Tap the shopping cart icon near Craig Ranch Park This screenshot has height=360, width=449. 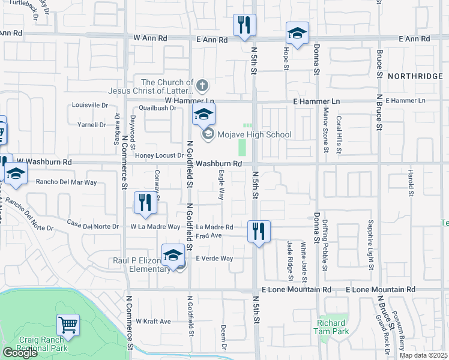(68, 325)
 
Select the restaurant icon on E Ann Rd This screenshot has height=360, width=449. (244, 25)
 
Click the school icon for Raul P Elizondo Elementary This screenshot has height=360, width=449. (173, 254)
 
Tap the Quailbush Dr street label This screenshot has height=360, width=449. (157, 109)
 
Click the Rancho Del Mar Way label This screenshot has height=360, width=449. (67, 182)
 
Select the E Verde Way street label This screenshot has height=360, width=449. (214, 259)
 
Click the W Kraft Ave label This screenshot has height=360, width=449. (154, 322)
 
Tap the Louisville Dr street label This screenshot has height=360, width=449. (88, 105)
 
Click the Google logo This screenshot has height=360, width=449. (20, 353)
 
